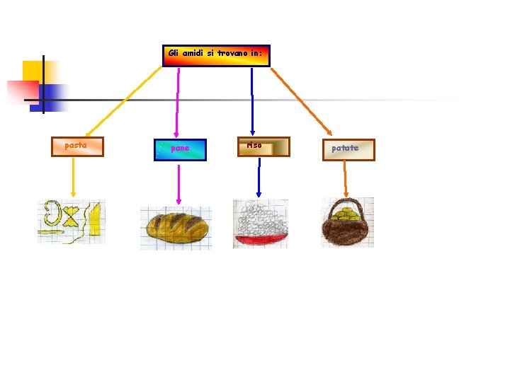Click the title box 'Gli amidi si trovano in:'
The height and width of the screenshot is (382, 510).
(216, 56)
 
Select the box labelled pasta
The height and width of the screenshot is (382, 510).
(77, 146)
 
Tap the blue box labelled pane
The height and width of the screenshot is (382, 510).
(181, 149)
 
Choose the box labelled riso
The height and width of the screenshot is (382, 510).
(263, 146)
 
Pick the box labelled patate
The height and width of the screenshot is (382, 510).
(348, 149)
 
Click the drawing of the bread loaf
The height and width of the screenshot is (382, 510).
(176, 227)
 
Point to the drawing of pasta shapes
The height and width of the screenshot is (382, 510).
(71, 221)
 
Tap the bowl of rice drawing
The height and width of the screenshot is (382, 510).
(260, 223)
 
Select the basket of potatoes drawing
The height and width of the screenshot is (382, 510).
(346, 223)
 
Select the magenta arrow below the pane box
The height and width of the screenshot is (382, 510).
(178, 184)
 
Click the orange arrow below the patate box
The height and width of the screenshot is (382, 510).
(345, 178)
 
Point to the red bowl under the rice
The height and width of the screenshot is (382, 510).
(260, 240)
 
